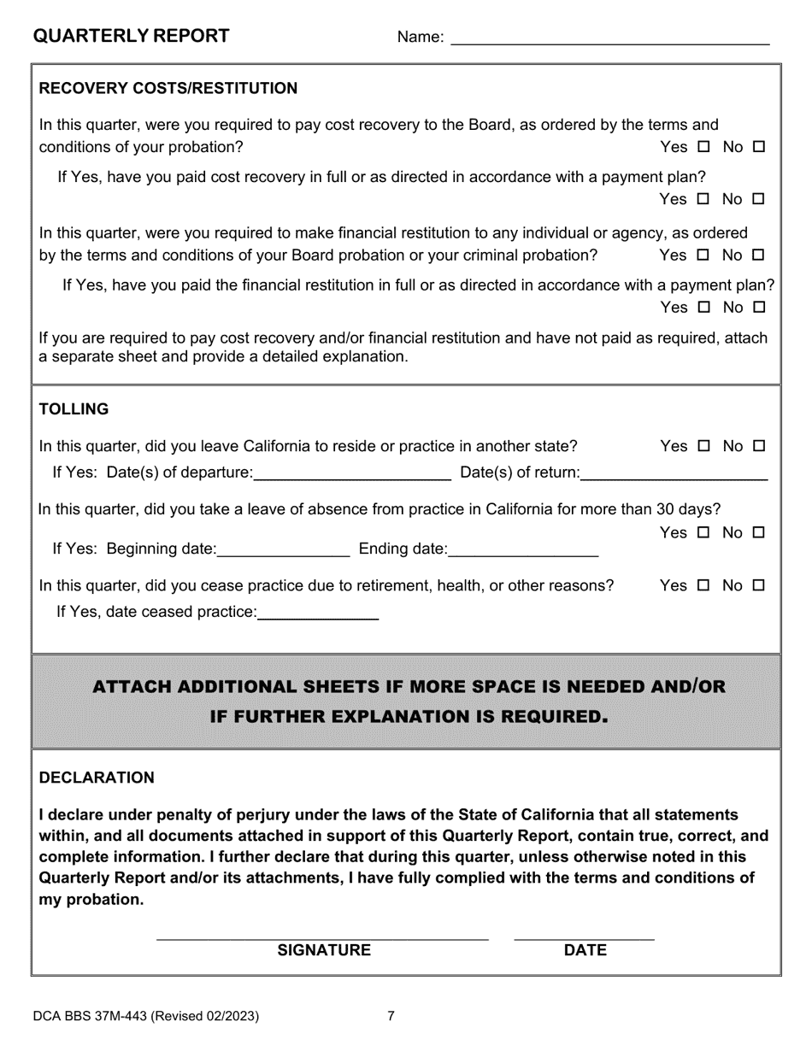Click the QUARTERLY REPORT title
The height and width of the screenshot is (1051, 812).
(x=131, y=36)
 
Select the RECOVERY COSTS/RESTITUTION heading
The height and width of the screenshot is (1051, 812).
(x=168, y=89)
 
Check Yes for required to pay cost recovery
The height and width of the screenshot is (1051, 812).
(x=703, y=147)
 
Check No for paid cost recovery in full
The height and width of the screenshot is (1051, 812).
(x=758, y=200)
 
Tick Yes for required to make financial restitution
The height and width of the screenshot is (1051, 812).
(x=703, y=255)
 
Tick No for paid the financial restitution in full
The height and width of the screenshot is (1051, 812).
(x=758, y=308)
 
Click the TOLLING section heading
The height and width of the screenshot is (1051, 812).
(x=74, y=409)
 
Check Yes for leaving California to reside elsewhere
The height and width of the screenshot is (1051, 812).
(x=703, y=446)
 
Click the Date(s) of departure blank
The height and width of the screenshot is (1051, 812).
(x=352, y=473)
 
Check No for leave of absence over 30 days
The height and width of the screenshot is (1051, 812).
(x=758, y=533)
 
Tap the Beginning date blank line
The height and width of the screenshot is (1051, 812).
(x=284, y=549)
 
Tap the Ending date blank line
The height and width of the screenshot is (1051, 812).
(x=522, y=549)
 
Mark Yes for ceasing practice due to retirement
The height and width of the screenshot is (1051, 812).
(x=703, y=586)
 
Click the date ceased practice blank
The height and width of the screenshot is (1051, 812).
(x=317, y=612)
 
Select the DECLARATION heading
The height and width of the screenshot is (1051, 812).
(x=97, y=778)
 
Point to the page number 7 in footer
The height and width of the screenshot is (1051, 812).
(x=391, y=1016)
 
